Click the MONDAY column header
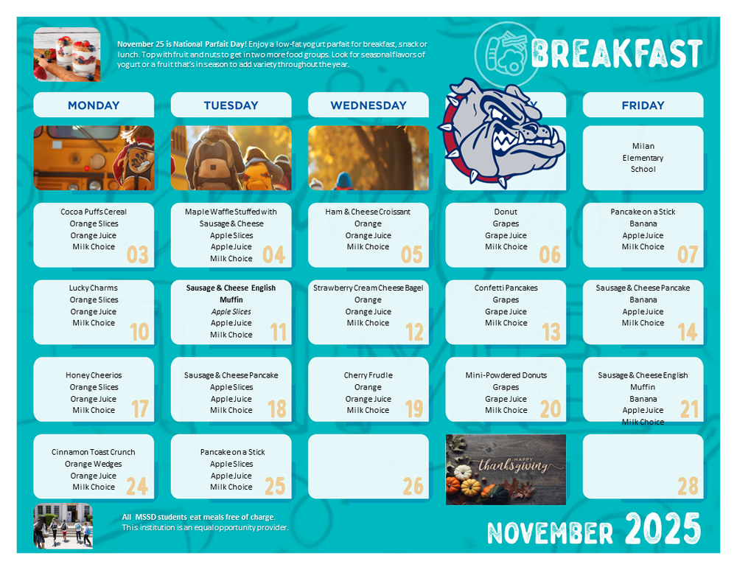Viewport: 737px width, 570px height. tap(94, 105)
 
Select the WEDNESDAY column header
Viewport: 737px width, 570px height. tap(368, 105)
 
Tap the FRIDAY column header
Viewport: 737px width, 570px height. tap(643, 105)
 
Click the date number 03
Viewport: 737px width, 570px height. tap(138, 254)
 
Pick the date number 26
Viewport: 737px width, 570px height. tap(413, 485)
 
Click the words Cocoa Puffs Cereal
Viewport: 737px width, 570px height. tap(94, 212)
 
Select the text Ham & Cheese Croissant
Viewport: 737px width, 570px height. tap(368, 212)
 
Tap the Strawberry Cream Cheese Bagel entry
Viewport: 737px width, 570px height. tap(368, 288)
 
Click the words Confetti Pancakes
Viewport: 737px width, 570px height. tap(506, 288)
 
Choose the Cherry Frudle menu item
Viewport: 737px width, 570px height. tap(368, 375)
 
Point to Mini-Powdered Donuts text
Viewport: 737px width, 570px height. tap(506, 375)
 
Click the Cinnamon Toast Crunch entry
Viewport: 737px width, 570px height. tap(94, 452)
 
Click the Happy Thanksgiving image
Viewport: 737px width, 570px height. tap(506, 469)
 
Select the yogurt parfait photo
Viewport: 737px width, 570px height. tap(66, 54)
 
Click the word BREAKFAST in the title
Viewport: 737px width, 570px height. tap(615, 54)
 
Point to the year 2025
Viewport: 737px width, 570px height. tap(663, 529)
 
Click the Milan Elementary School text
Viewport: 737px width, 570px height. tap(643, 158)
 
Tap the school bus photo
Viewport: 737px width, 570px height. tap(94, 158)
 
